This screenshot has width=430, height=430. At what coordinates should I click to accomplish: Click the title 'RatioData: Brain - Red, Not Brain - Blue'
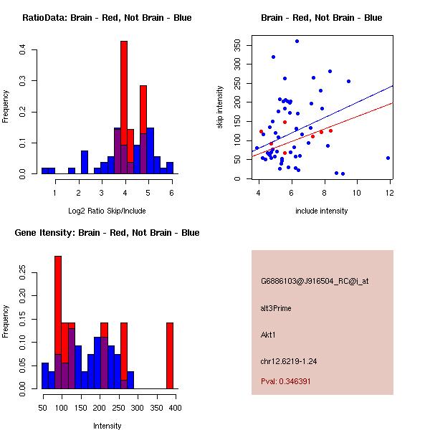point(107,18)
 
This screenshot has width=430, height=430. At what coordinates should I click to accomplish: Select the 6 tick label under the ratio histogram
point(171,193)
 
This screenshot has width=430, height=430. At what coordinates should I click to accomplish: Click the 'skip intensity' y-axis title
point(221,107)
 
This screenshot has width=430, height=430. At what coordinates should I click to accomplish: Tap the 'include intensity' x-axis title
point(322,211)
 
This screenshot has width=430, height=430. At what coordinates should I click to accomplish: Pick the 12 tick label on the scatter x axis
point(389,193)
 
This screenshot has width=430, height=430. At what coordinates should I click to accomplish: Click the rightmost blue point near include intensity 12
point(388,158)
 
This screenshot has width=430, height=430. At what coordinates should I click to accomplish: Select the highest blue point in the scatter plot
point(297,41)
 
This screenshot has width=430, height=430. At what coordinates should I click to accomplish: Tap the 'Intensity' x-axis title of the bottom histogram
point(107,425)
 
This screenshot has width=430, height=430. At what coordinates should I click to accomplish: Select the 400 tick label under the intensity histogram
point(174,408)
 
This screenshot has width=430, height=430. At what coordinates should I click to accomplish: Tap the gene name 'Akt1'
point(269,335)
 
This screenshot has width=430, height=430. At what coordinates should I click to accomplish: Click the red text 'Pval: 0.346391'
point(286,381)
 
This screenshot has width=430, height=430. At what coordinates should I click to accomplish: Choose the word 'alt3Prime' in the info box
point(276,308)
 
